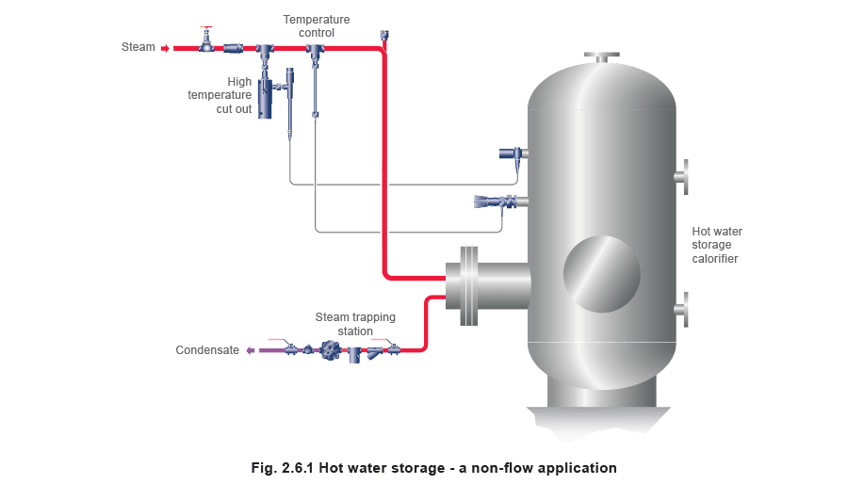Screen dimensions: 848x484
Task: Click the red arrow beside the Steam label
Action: pos(166,49)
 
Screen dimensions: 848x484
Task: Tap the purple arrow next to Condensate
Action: pos(251,350)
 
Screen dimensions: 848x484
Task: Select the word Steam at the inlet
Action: pos(138,47)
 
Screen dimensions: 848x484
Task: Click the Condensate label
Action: pos(207,350)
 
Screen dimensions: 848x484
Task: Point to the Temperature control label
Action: pos(317,26)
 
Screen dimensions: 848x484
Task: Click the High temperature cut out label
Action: pos(220,95)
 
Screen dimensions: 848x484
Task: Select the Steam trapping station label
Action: pos(355,324)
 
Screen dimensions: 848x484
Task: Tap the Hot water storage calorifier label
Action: pos(717,245)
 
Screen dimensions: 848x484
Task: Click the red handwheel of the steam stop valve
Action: pos(206,27)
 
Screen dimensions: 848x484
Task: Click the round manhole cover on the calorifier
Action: pos(601,274)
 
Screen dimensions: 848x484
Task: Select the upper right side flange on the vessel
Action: pos(682,177)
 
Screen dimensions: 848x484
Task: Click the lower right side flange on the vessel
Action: pos(682,310)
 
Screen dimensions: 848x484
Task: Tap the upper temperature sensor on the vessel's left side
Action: pos(514,153)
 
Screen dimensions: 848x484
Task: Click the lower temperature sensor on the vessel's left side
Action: pos(501,202)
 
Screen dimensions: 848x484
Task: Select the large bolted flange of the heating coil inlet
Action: pos(469,285)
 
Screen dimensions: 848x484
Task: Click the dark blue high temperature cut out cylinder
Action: pos(265,98)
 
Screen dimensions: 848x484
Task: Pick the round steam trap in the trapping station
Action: pos(330,350)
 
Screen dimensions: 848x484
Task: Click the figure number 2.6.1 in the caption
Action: pos(298,468)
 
